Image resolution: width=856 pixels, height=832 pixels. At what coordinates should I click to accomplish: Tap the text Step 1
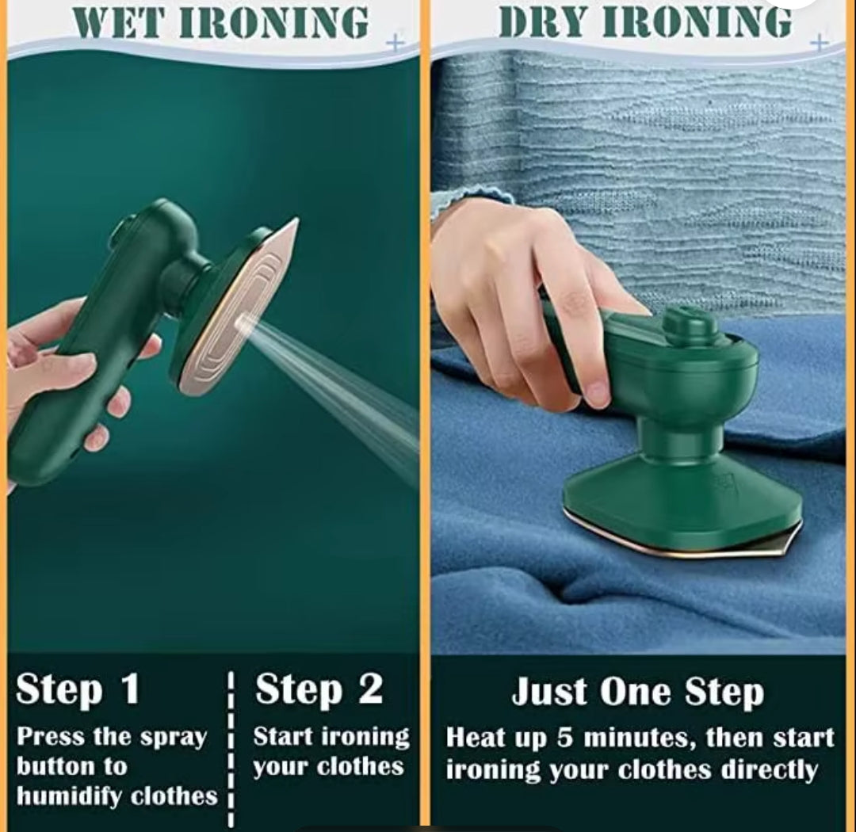pyautogui.click(x=78, y=689)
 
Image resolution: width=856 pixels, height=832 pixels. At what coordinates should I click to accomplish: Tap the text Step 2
pyautogui.click(x=319, y=689)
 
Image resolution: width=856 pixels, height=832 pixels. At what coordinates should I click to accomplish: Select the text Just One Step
pyautogui.click(x=637, y=692)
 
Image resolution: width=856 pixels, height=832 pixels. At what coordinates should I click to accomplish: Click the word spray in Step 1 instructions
pyautogui.click(x=171, y=737)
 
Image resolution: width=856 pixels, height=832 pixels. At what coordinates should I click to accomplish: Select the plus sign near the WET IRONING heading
pyautogui.click(x=395, y=43)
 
